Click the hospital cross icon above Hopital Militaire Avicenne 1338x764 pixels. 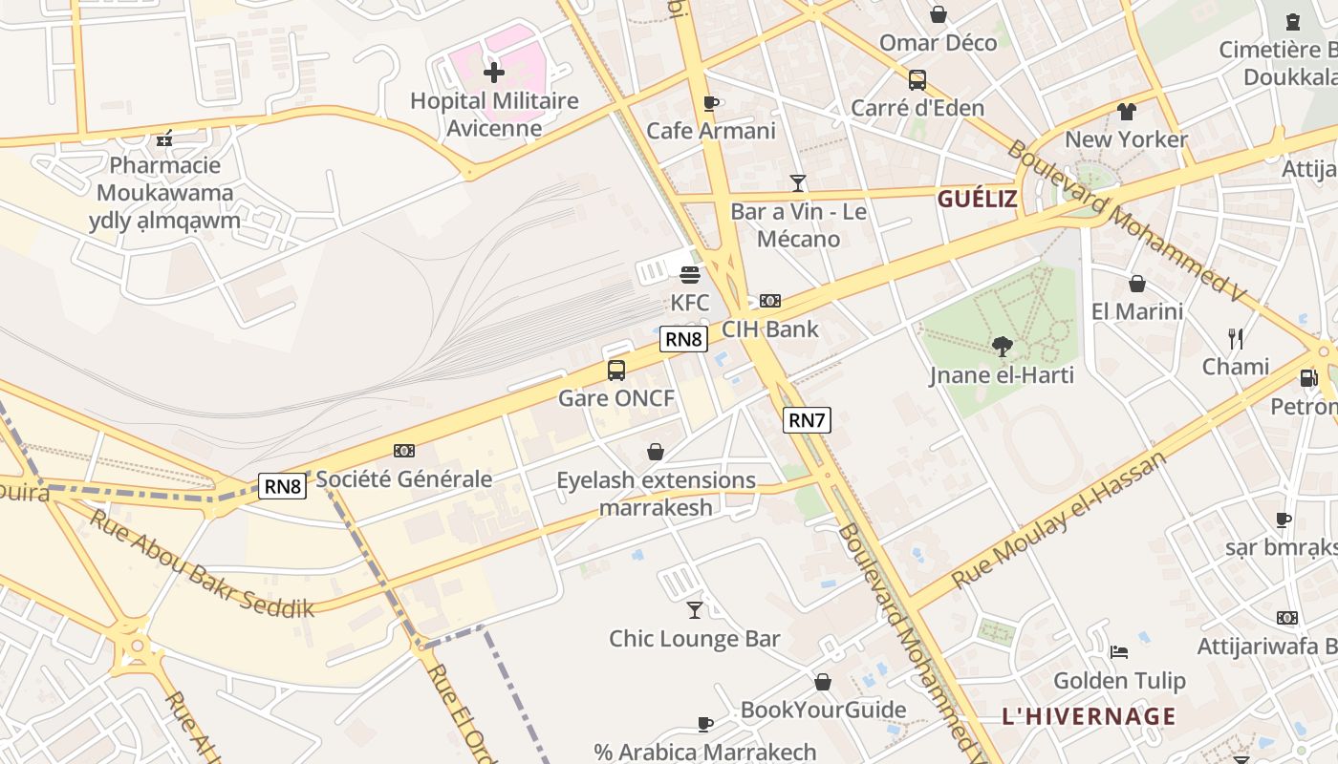tap(493, 72)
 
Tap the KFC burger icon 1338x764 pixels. tap(690, 275)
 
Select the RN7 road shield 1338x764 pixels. tap(807, 419)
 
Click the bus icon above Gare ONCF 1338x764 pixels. tap(616, 370)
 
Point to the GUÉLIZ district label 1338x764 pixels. tap(977, 199)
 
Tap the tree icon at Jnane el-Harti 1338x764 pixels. tap(1002, 346)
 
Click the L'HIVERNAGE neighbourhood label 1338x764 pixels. tap(1089, 715)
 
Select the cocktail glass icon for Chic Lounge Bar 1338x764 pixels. tap(695, 609)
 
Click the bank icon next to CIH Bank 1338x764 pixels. tap(769, 301)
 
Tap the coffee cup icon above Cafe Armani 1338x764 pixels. tap(710, 103)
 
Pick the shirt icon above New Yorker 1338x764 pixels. tap(1126, 111)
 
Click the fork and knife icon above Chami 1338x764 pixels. tap(1235, 338)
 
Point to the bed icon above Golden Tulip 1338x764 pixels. tap(1119, 652)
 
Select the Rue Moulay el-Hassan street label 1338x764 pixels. tap(1059, 520)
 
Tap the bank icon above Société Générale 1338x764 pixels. tap(404, 451)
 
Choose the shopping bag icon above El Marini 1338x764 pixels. tap(1137, 284)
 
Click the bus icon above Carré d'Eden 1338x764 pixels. tap(917, 80)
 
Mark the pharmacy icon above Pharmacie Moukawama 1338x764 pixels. tap(164, 138)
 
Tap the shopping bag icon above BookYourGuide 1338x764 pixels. tap(823, 682)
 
